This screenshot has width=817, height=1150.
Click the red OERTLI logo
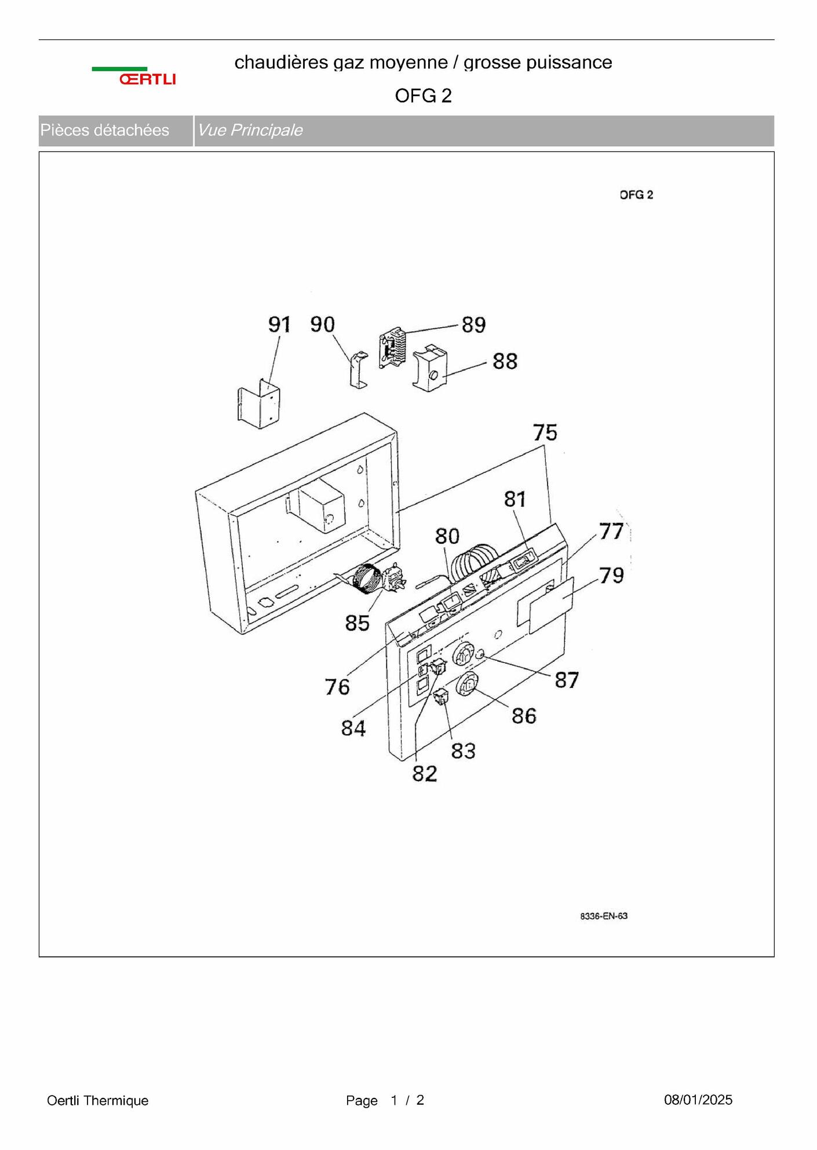147,79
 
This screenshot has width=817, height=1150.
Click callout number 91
279,324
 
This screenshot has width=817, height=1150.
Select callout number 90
322,324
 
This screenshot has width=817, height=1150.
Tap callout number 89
473,325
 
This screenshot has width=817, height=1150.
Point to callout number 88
505,361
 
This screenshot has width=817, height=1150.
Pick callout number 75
545,433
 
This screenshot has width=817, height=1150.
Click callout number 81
515,499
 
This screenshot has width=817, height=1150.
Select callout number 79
611,576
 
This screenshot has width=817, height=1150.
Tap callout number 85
357,623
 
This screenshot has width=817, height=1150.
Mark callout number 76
337,687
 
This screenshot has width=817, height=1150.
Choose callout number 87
566,680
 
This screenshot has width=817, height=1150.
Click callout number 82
424,774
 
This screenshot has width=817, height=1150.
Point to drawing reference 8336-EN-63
604,916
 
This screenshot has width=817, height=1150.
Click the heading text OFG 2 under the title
423,96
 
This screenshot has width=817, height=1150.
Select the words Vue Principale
250,130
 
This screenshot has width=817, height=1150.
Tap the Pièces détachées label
104,130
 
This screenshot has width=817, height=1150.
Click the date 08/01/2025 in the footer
698,1100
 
